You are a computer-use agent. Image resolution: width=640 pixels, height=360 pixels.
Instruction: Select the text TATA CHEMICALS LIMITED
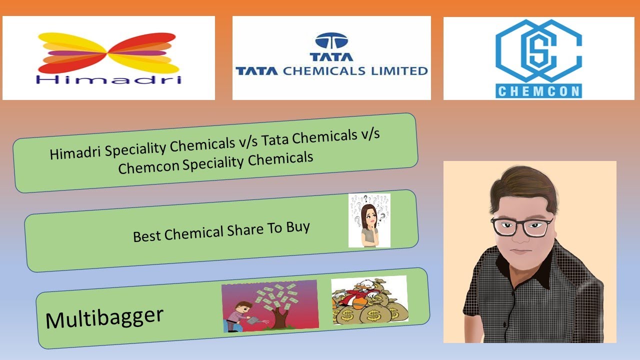click(x=331, y=70)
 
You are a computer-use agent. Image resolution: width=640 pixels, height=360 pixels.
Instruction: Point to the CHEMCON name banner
click(x=538, y=91)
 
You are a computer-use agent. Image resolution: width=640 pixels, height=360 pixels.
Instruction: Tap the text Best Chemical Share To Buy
click(x=221, y=231)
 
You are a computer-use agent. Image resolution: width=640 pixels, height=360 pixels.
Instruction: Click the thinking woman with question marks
click(x=369, y=220)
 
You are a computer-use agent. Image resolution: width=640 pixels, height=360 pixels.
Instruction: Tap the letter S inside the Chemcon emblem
click(x=537, y=50)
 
